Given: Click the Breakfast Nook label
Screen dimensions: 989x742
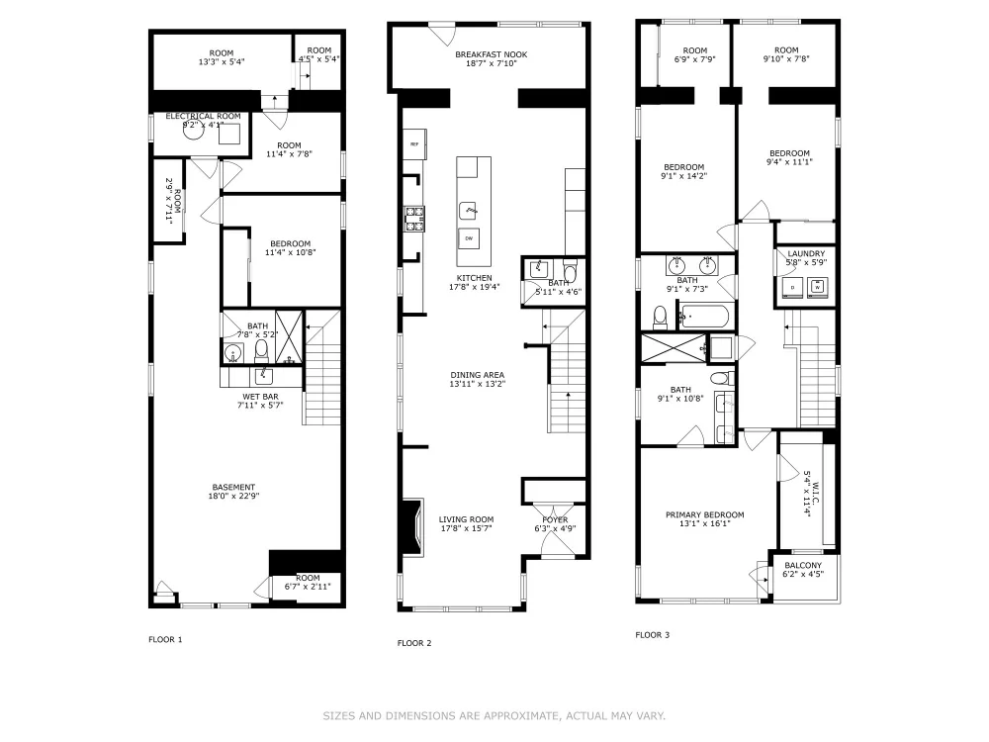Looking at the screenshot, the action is point(491,54).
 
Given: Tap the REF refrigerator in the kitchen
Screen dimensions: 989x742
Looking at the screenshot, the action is point(415,144).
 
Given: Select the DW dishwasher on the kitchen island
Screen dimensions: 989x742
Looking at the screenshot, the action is point(469,238).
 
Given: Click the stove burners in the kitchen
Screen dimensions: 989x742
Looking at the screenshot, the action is point(414,218).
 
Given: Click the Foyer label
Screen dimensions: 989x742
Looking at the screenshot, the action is point(555,520).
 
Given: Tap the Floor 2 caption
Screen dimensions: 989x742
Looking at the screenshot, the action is point(414,643).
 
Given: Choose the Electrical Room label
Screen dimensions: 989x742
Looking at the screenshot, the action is point(203,116).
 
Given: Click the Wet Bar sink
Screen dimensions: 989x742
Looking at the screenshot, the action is point(264,377).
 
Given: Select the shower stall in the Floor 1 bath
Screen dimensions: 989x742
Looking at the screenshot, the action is point(289,337).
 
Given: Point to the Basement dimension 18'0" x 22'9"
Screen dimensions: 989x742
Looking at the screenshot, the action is point(234,496).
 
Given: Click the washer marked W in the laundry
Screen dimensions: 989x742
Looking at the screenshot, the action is point(818,288).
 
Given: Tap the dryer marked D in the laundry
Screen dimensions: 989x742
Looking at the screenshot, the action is point(793,288).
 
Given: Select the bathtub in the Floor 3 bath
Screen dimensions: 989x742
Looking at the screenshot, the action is point(705,317).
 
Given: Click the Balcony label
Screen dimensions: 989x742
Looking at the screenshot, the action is point(803,565).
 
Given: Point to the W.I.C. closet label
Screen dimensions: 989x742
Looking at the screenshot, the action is point(814,493).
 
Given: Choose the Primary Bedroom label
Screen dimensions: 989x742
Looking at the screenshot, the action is point(704,514).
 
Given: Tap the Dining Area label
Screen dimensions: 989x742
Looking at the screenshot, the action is point(478,375).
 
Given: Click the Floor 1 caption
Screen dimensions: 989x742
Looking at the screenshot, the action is point(165,639).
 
